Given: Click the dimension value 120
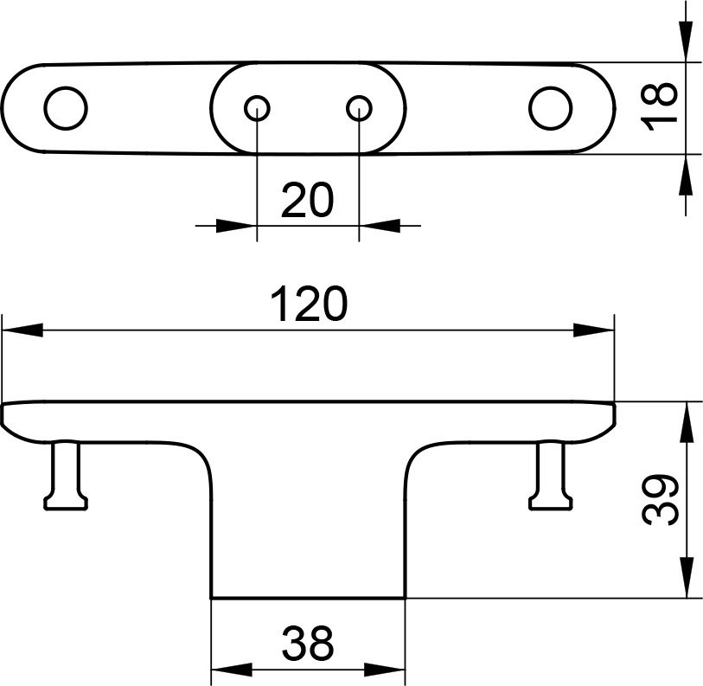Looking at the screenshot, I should coord(309,305).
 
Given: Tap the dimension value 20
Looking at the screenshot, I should coord(308,202).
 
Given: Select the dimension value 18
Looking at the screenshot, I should coord(661,107).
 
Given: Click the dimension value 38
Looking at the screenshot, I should coord(309,643).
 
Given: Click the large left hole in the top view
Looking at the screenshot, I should coord(66,109).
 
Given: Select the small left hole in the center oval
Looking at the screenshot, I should coord(257,108).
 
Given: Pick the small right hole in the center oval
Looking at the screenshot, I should coord(360,108).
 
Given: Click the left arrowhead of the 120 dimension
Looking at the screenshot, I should coord(22,330).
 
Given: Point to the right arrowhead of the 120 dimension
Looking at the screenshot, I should coord(595,330).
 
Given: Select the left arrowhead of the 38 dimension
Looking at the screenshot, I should coord(231,670).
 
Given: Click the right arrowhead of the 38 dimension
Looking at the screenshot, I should coord(387,670).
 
